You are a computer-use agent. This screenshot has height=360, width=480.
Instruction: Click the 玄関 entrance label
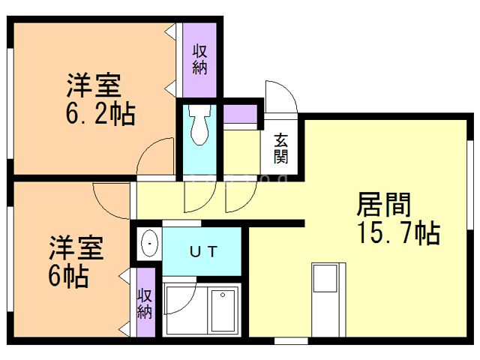[281, 148]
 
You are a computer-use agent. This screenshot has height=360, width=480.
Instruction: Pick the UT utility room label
[202, 251]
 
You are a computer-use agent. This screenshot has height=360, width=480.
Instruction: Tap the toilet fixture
[199, 125]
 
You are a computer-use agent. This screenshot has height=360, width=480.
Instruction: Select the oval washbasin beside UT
[149, 244]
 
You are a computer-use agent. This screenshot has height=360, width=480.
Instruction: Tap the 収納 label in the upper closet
[200, 59]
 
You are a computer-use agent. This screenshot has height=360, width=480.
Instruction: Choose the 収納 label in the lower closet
[145, 301]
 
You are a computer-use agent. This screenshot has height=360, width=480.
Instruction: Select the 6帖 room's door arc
[111, 199]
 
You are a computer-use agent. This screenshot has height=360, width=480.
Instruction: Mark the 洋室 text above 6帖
[76, 247]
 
